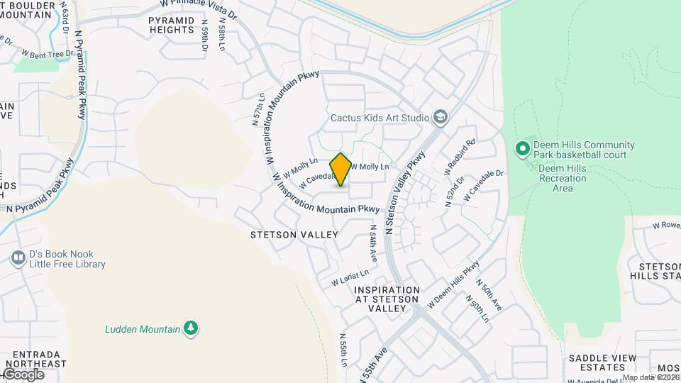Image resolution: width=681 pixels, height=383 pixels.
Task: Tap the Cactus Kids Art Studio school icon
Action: pyautogui.click(x=441, y=117)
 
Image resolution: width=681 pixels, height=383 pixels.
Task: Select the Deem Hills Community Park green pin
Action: pyautogui.click(x=523, y=149)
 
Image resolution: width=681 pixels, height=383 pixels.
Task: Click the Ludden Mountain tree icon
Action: pyautogui.click(x=190, y=328)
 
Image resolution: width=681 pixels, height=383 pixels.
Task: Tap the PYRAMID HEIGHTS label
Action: pyautogui.click(x=171, y=25)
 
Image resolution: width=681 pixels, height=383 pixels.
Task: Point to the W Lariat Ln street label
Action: pyautogui.click(x=350, y=277)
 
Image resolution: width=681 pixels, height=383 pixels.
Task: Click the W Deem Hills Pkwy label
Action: pyautogui.click(x=454, y=288)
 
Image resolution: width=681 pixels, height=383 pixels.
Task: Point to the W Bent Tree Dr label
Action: pyautogui.click(x=48, y=53)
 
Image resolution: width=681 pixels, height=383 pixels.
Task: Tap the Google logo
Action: pyautogui.click(x=23, y=374)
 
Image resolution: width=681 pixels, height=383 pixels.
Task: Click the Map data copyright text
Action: pyautogui.click(x=651, y=377)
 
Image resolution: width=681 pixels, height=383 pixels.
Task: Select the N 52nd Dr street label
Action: pyautogui.click(x=454, y=190)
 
